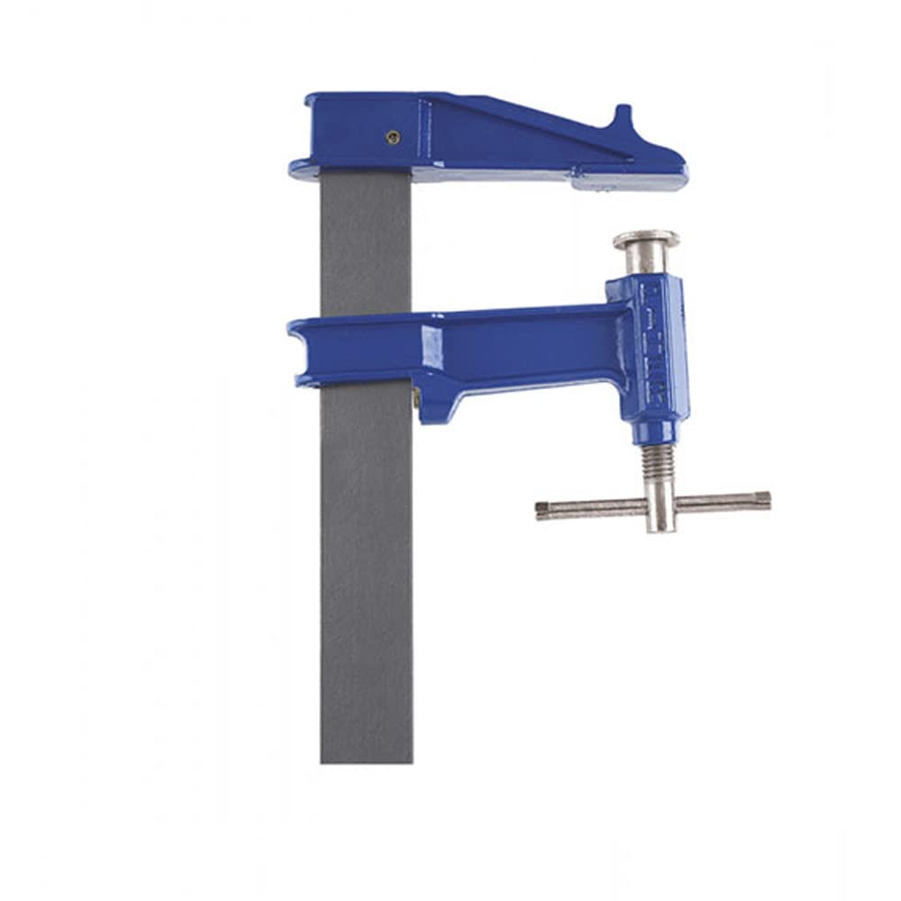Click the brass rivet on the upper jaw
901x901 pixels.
[x=392, y=137]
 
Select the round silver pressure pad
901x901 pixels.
[x=646, y=240]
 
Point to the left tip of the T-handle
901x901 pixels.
[x=542, y=510]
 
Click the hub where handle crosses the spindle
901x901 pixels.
[x=660, y=505]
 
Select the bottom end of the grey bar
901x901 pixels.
[x=366, y=757]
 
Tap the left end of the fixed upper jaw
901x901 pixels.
[x=302, y=167]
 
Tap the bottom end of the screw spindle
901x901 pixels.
[x=661, y=527]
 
